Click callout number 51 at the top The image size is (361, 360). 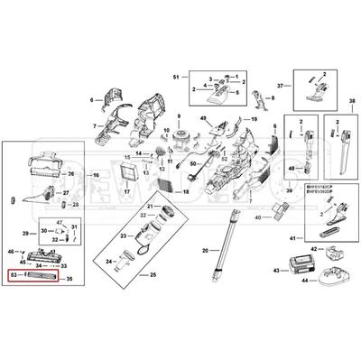[x=177, y=77]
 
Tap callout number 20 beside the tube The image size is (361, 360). [x=205, y=249]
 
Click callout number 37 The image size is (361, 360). [x=280, y=85]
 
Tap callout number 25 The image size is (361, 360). [x=152, y=273]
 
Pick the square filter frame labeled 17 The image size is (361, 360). [x=128, y=171]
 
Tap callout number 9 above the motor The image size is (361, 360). [x=179, y=118]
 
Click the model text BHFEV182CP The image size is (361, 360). [x=321, y=187]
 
